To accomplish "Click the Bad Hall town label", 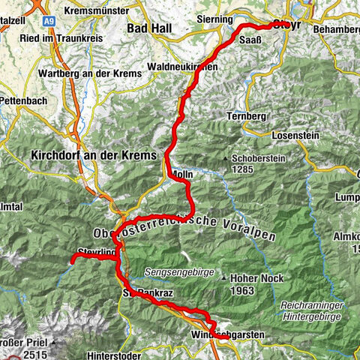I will click(x=150, y=28).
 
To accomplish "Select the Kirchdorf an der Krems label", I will click(x=93, y=154).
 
